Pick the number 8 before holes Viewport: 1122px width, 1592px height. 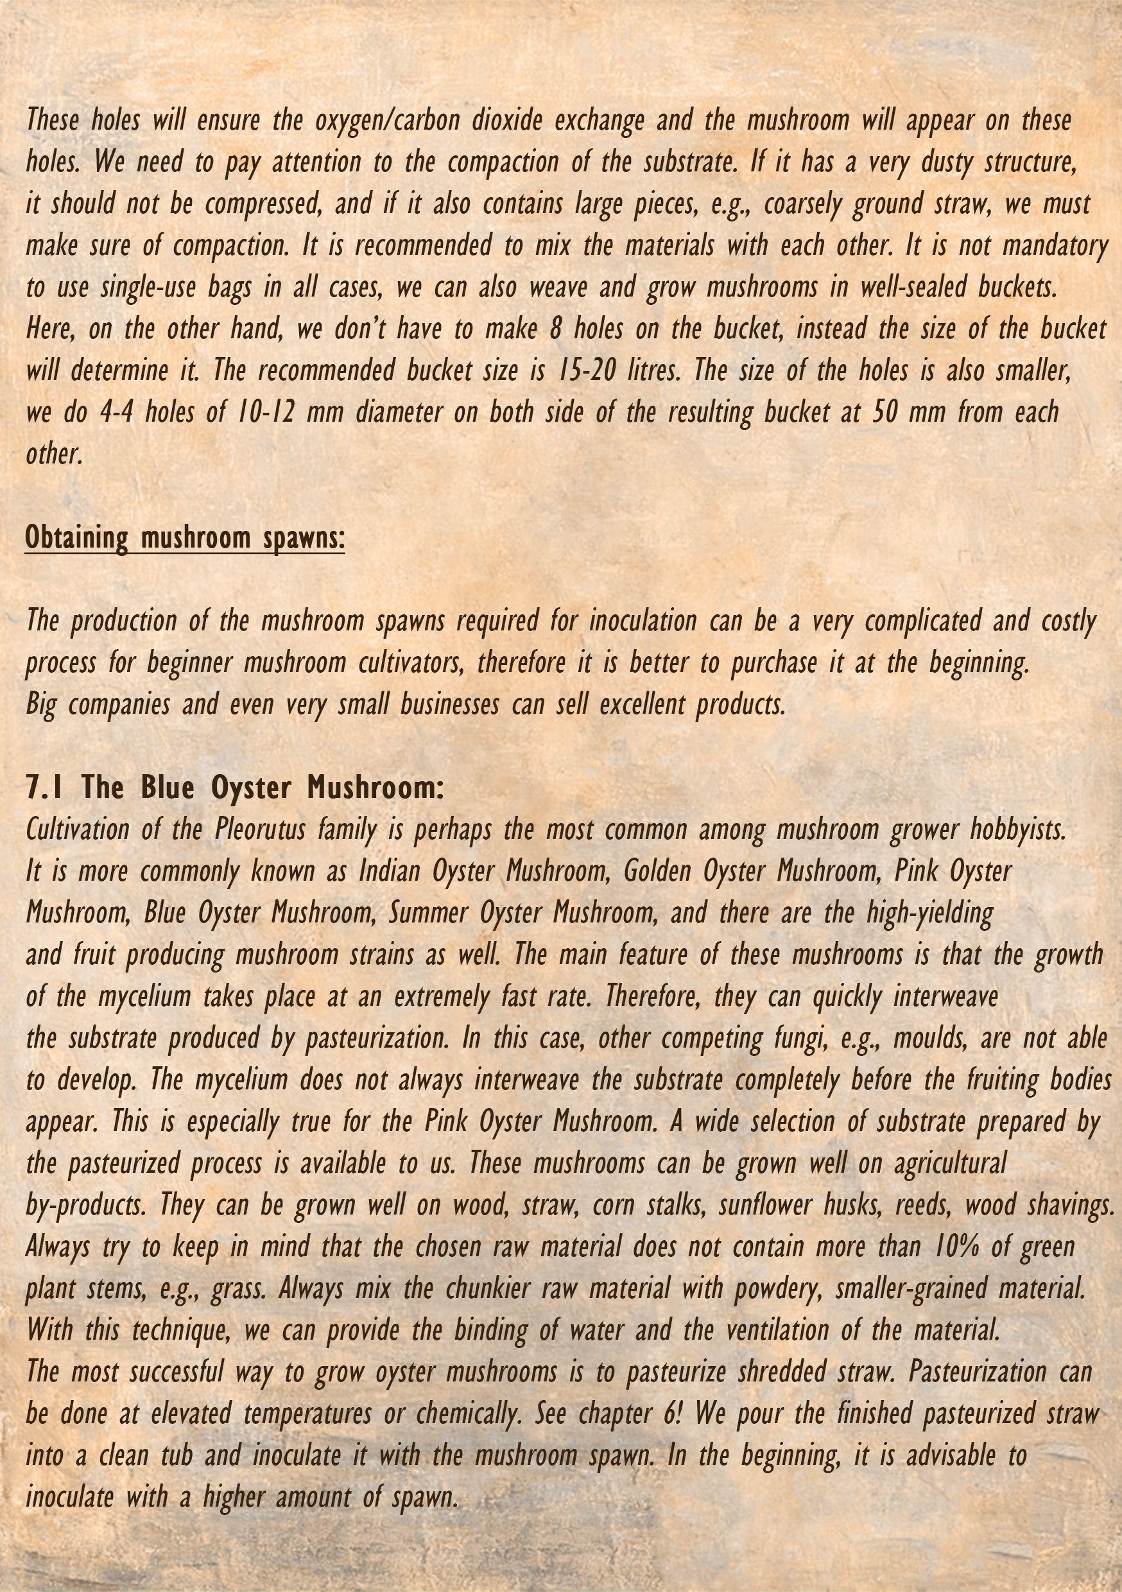coord(555,329)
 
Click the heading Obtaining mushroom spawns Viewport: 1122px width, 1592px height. coord(184,537)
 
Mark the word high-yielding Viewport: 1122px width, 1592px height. coord(930,912)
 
